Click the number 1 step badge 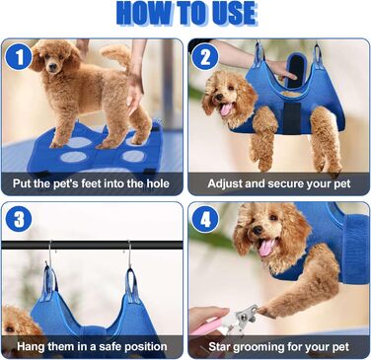click(x=19, y=57)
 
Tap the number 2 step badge click(x=205, y=57)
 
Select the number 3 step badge click(x=19, y=219)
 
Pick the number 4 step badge click(x=205, y=219)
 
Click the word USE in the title click(x=230, y=14)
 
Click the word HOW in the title click(x=143, y=14)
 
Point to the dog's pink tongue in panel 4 click(x=266, y=248)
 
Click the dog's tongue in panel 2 click(x=226, y=109)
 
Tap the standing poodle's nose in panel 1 click(x=52, y=67)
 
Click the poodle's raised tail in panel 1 click(x=116, y=52)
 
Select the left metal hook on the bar click(x=49, y=252)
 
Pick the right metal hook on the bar click(x=129, y=254)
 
